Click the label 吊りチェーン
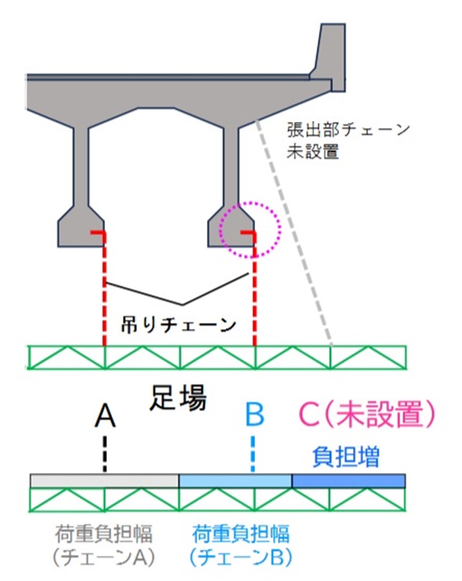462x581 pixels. tap(178, 325)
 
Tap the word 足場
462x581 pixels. tap(178, 398)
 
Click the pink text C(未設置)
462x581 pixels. tap(366, 414)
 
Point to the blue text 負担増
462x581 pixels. tap(346, 457)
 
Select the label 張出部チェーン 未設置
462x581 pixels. tap(348, 141)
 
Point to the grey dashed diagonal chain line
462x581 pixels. tap(295, 233)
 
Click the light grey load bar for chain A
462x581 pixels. tap(105, 481)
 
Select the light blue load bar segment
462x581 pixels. tap(236, 481)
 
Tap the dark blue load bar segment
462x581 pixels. tap(349, 481)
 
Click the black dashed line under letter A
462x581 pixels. tap(105, 453)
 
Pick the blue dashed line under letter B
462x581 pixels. tap(254, 453)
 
